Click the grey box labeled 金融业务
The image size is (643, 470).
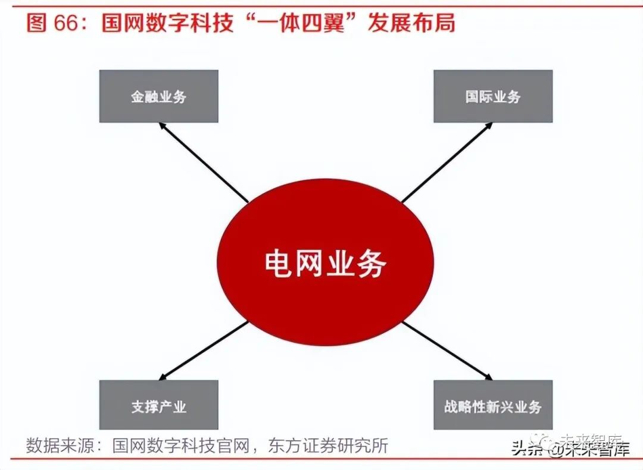[x=158, y=96]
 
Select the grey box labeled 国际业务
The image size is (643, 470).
[x=493, y=96]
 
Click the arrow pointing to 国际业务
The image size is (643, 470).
[x=447, y=162]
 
